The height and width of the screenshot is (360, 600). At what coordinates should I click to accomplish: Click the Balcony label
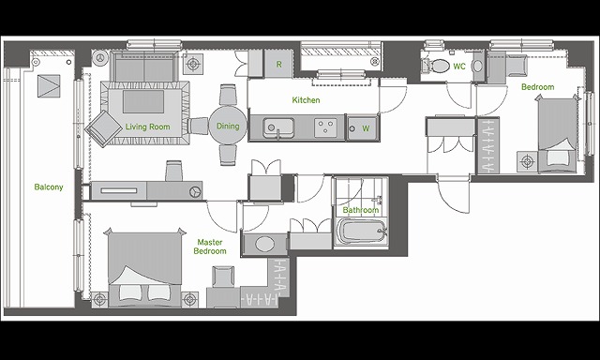(49, 187)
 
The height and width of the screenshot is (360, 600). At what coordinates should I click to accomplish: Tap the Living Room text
(148, 127)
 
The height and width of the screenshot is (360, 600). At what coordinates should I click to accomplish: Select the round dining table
(228, 126)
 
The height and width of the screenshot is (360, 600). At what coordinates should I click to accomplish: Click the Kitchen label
(307, 100)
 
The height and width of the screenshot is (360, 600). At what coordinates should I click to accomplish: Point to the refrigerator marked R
(279, 65)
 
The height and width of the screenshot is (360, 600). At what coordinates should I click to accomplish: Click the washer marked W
(362, 128)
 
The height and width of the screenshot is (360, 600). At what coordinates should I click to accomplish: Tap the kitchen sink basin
(278, 127)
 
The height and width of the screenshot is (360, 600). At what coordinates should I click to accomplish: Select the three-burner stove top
(326, 127)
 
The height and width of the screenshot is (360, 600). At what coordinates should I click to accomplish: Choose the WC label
(459, 67)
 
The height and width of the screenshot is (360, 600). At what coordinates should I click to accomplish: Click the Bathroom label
(360, 210)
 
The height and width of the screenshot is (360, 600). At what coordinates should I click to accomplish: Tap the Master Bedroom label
(210, 247)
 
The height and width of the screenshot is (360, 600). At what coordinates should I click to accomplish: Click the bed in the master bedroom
(144, 268)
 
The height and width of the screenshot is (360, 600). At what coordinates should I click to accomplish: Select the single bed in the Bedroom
(557, 134)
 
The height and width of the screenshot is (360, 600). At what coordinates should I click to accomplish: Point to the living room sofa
(144, 66)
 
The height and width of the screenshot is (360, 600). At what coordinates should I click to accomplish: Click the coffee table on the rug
(143, 101)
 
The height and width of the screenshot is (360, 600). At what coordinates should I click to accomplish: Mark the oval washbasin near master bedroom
(264, 244)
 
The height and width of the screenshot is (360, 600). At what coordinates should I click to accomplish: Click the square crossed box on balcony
(49, 85)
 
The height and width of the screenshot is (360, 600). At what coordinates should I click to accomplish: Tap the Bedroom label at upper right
(537, 87)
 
